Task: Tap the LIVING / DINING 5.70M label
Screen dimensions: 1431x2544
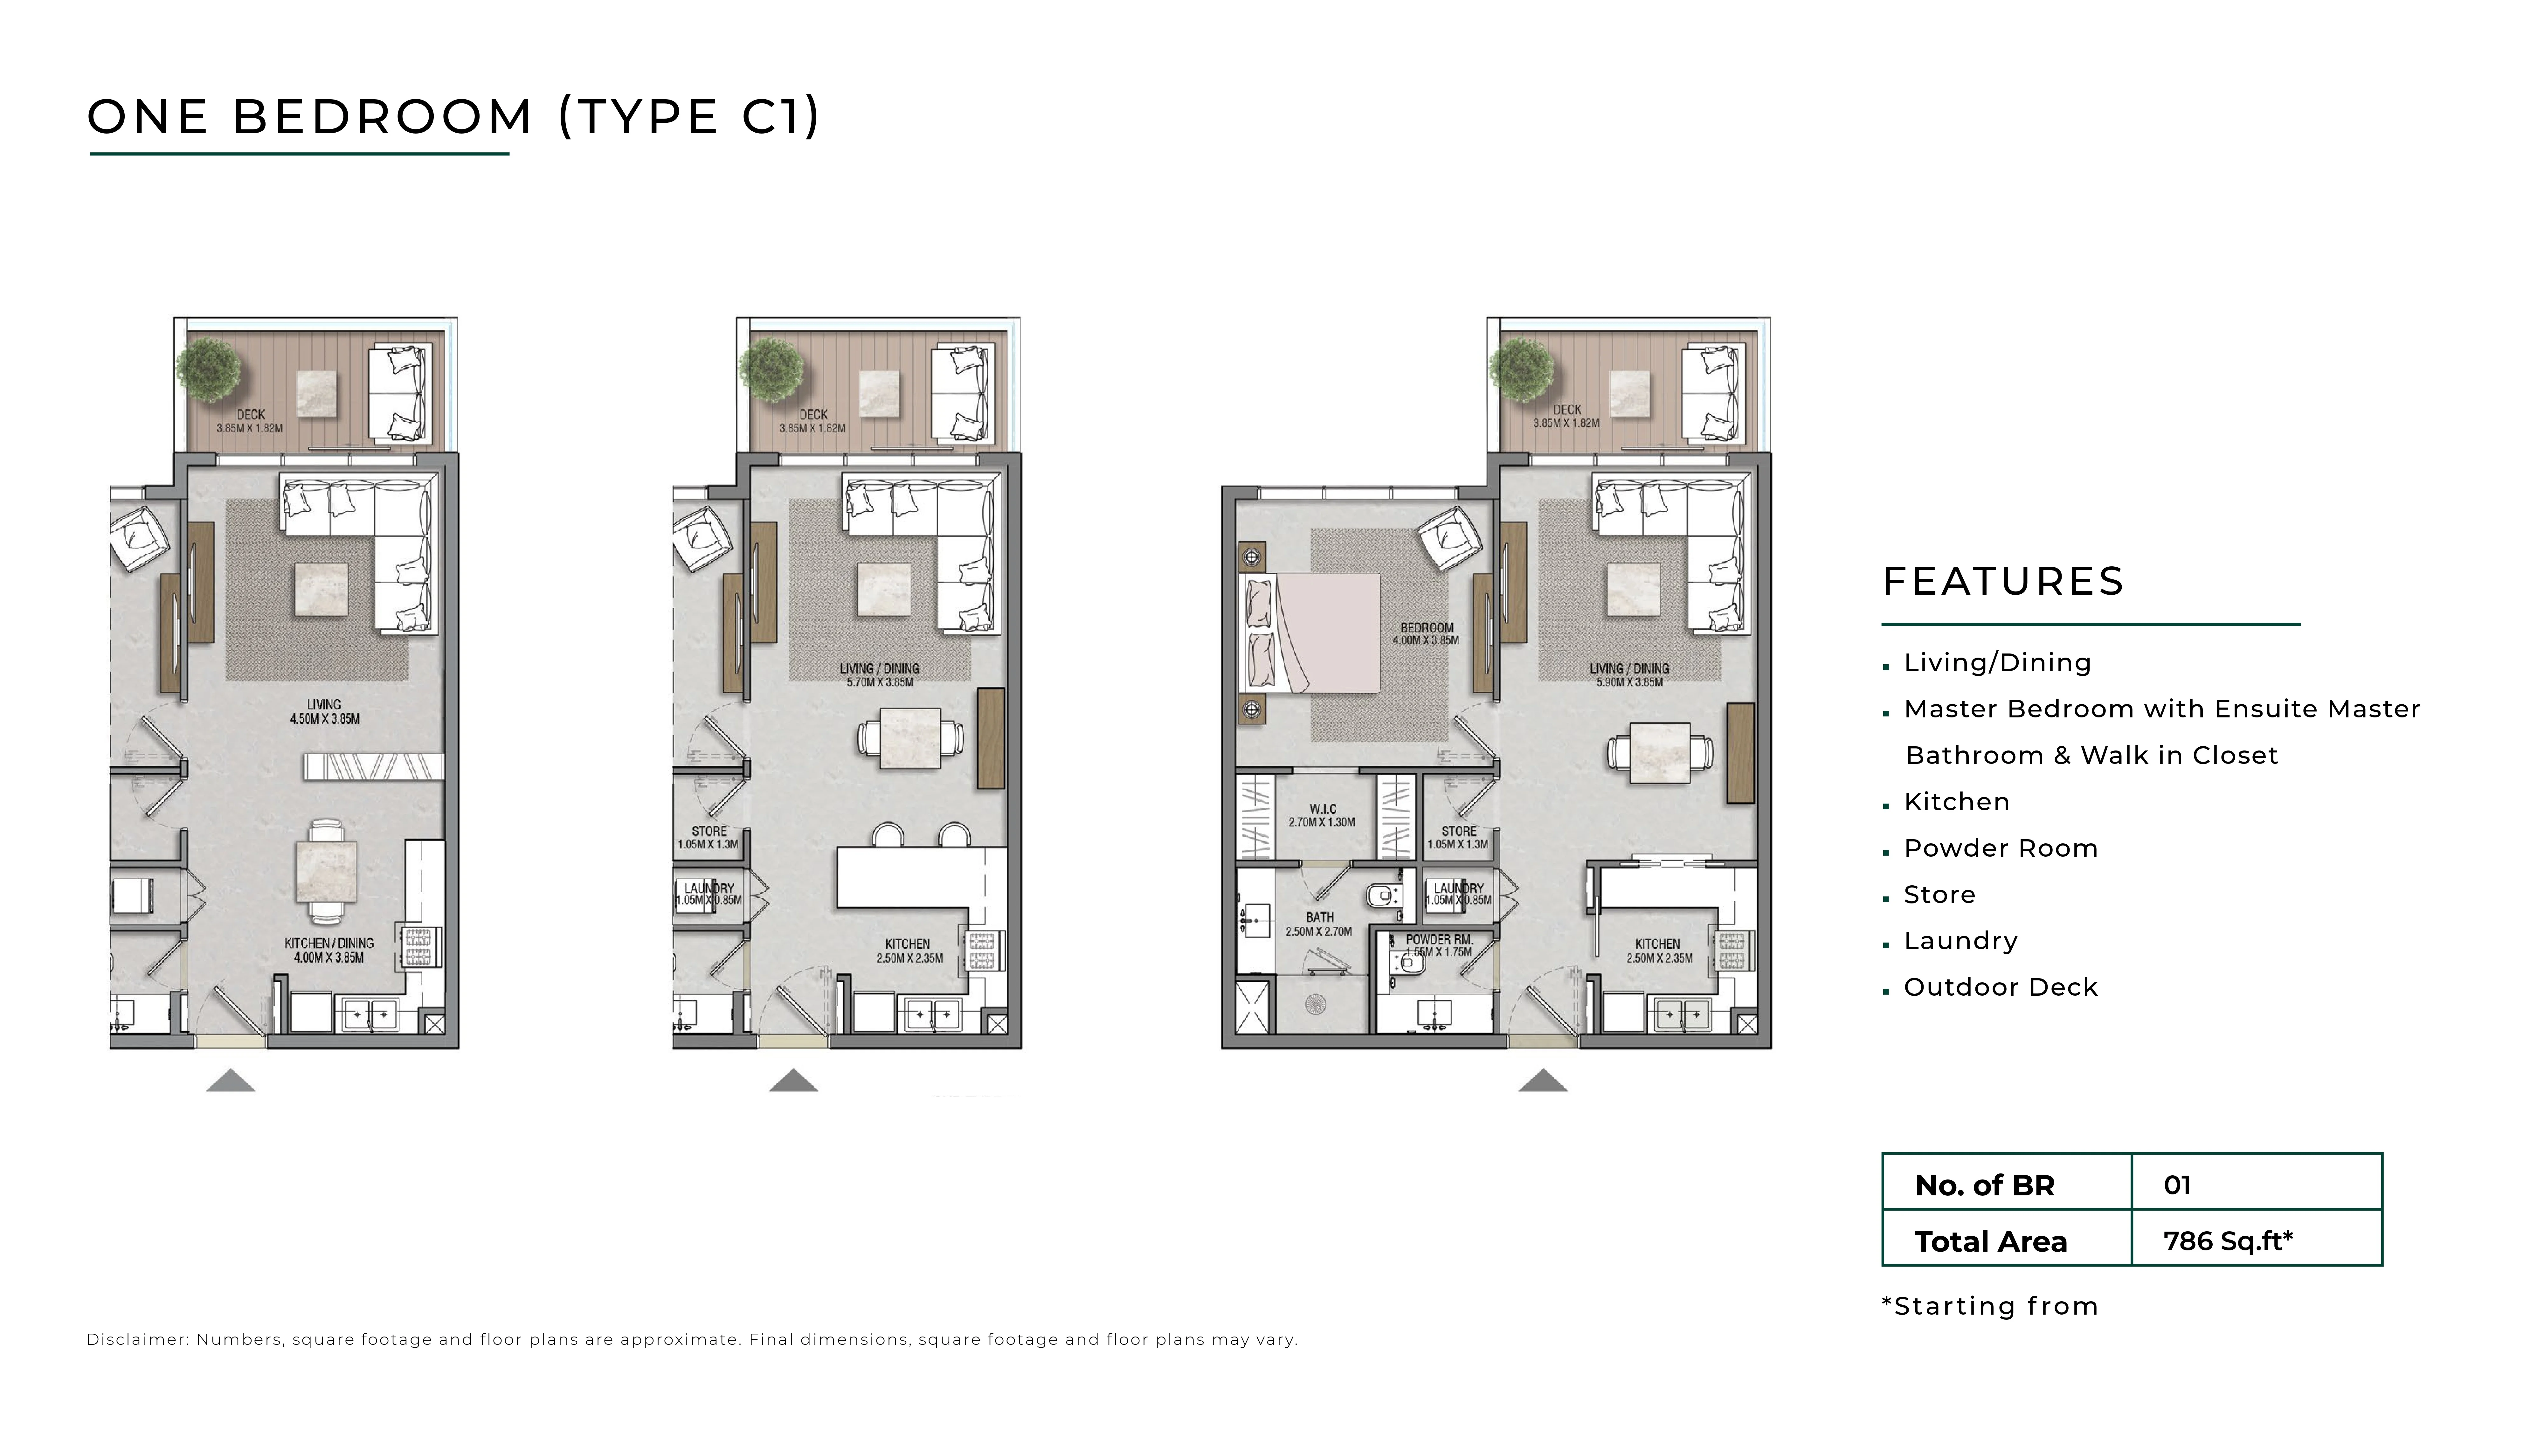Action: click(879, 674)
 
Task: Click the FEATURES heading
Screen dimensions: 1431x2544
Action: click(2003, 582)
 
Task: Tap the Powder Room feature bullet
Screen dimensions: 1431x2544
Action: click(2000, 848)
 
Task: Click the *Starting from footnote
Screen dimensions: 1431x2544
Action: click(1990, 1307)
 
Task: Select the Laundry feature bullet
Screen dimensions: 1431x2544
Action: click(1960, 941)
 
